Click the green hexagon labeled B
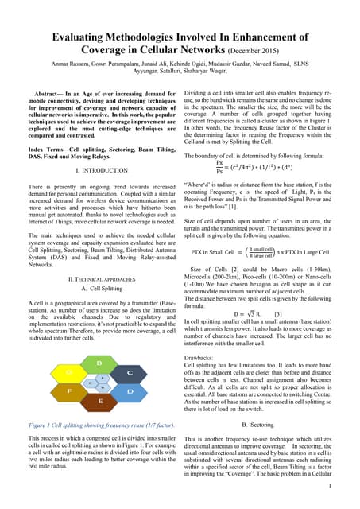[x=99, y=363]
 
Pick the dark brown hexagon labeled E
[x=100, y=402]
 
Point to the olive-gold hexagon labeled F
[x=69, y=391]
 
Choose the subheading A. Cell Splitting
[x=100, y=311]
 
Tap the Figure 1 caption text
[x=100, y=426]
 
